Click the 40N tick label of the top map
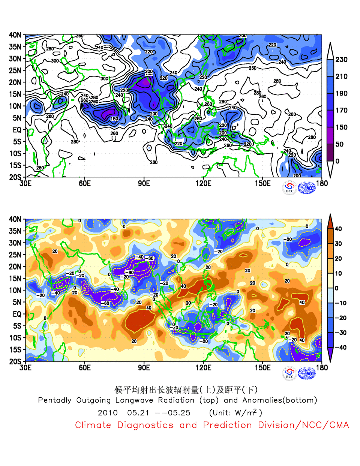click(x=15, y=35)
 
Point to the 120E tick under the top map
click(x=203, y=183)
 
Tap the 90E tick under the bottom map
click(x=144, y=367)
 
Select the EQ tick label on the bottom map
click(x=17, y=314)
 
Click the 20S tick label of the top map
click(x=15, y=177)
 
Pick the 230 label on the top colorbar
click(x=341, y=60)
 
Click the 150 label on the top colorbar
click(x=341, y=127)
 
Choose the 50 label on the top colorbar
click(x=339, y=144)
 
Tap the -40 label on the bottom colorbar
click(x=340, y=348)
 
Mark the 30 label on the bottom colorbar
click(x=338, y=244)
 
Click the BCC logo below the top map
click(x=289, y=187)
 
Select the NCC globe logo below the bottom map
click(x=307, y=373)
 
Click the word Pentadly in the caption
click(x=54, y=400)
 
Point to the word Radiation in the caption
click(x=176, y=400)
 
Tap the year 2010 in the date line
click(x=108, y=413)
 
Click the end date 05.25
click(x=179, y=413)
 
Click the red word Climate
click(x=93, y=425)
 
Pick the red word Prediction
click(x=227, y=425)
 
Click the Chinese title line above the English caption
click(x=186, y=390)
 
